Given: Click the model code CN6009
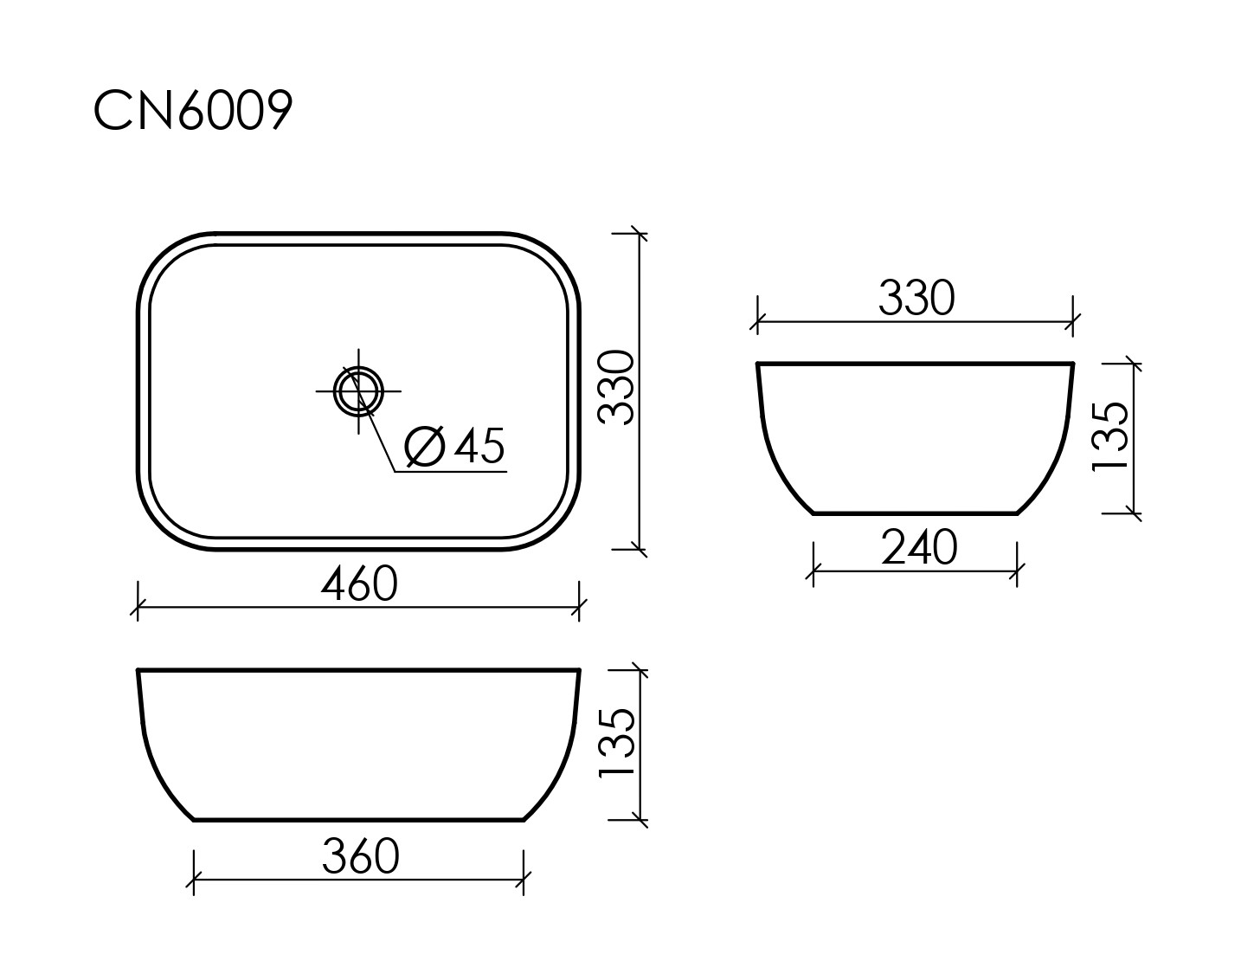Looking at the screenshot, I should click(x=192, y=111).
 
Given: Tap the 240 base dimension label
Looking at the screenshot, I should click(x=919, y=547).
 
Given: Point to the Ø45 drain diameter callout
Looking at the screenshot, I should click(x=454, y=447).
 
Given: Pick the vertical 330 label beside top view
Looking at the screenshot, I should click(x=618, y=387).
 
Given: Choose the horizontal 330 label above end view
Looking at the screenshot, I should click(x=916, y=299).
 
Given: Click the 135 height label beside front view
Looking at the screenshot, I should click(x=618, y=744).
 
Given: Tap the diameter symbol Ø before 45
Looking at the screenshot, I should click(x=425, y=447).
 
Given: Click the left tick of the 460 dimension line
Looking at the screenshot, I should click(x=138, y=607).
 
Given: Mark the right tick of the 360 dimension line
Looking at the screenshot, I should click(x=524, y=880).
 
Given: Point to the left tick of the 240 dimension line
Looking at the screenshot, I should click(x=813, y=571).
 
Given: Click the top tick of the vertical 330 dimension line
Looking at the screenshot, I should click(x=639, y=233).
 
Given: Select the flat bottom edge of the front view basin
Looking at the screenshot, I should click(x=359, y=819).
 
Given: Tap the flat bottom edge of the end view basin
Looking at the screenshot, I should click(x=916, y=513).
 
